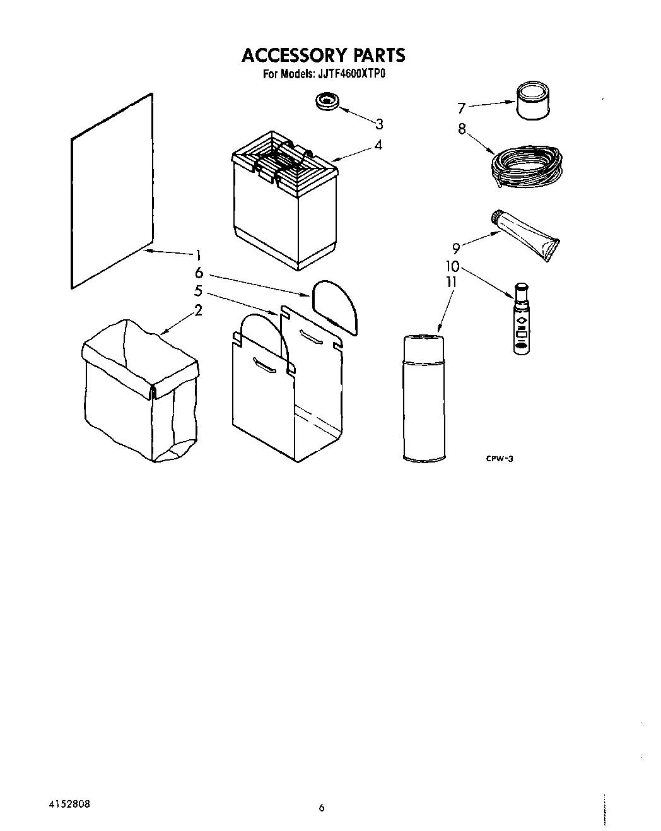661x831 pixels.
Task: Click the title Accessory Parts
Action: pos(323,56)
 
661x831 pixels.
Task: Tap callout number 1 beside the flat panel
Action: pos(197,256)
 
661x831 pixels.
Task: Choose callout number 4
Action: pos(377,144)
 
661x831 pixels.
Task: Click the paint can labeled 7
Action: pos(534,101)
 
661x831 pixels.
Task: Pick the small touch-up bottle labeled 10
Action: pos(521,321)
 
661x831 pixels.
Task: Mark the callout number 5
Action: pos(197,292)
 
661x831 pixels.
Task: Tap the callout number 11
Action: pos(450,282)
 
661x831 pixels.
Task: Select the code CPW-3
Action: pos(499,459)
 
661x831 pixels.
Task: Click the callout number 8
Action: pos(462,129)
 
